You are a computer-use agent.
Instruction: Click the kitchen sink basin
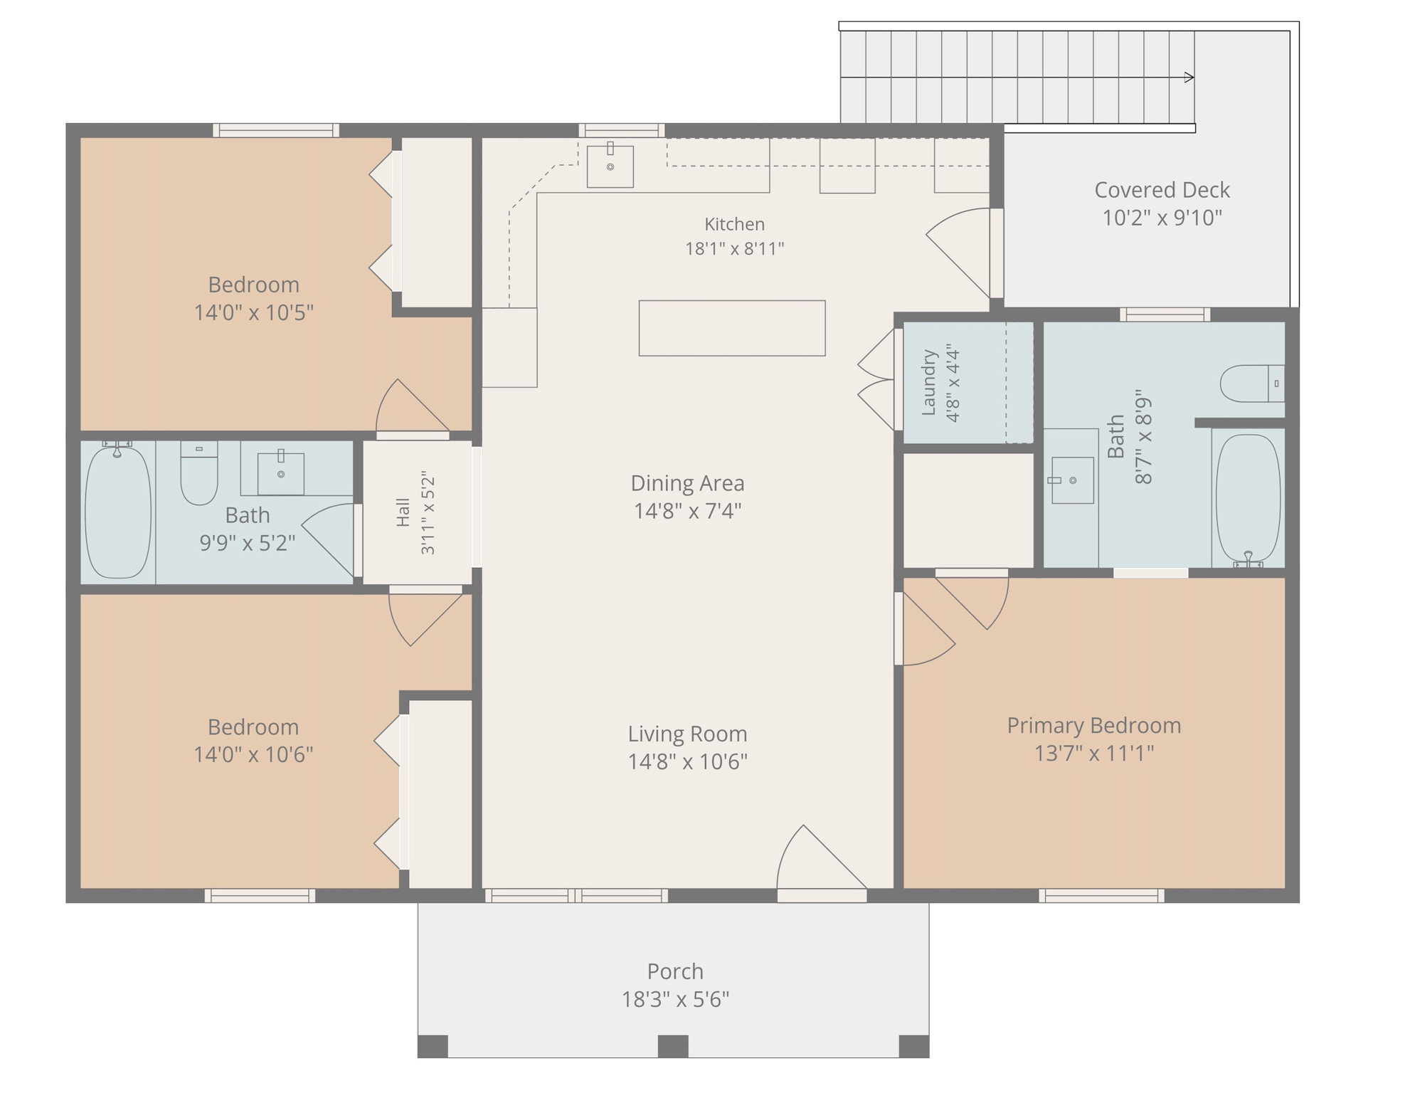pyautogui.click(x=610, y=167)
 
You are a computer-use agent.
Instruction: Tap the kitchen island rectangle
pyautogui.click(x=732, y=328)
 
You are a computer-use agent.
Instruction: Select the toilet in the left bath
pyautogui.click(x=199, y=473)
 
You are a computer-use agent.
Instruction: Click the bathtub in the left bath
pyautogui.click(x=118, y=510)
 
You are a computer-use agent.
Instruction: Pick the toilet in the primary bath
pyautogui.click(x=1252, y=384)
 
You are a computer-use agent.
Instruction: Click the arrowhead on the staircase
pyautogui.click(x=1189, y=77)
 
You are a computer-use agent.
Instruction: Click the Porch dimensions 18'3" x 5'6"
pyautogui.click(x=675, y=999)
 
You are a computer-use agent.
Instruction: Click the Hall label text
pyautogui.click(x=403, y=512)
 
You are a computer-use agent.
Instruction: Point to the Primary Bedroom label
pyautogui.click(x=1094, y=725)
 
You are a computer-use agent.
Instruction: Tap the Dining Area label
pyautogui.click(x=687, y=483)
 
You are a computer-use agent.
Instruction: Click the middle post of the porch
pyautogui.click(x=673, y=1046)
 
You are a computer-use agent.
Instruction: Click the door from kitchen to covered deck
pyautogui.click(x=960, y=253)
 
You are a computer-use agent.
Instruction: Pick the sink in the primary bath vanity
pyautogui.click(x=1072, y=480)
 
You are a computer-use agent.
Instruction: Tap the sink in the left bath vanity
pyautogui.click(x=280, y=472)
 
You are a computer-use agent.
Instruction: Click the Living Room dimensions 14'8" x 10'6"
pyautogui.click(x=687, y=761)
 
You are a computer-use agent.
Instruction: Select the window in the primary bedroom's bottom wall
pyautogui.click(x=1101, y=895)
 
